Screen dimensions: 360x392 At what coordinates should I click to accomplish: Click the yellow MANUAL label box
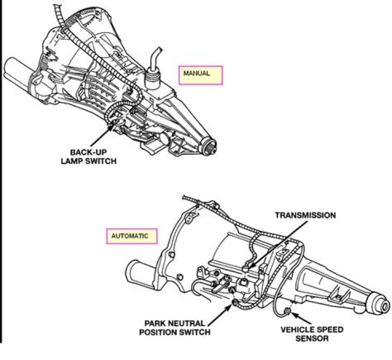(x=201, y=75)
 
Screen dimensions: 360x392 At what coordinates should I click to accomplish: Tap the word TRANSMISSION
(x=305, y=215)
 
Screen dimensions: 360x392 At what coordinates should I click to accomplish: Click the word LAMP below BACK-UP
(x=77, y=161)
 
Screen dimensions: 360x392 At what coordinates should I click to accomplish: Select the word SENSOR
(x=313, y=338)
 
